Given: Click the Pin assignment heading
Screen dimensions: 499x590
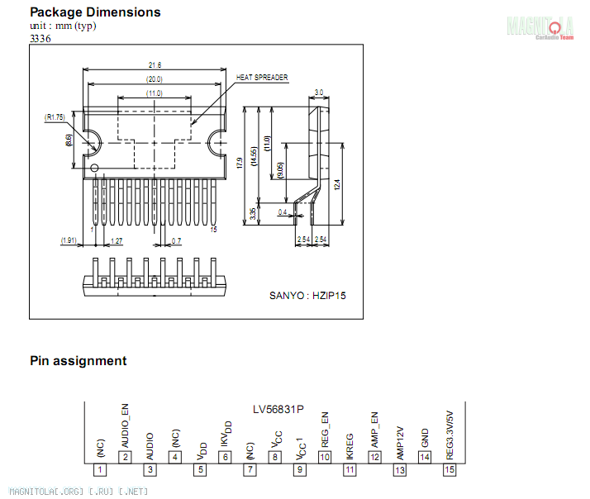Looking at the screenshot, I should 79,361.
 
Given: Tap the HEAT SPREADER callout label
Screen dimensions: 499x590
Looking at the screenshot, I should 262,77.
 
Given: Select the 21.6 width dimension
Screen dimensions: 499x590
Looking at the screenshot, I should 155,64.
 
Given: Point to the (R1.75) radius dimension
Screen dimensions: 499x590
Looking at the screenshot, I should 55,117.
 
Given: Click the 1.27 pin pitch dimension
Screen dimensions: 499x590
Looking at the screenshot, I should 117,240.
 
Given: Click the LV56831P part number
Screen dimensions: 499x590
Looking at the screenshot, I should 278,410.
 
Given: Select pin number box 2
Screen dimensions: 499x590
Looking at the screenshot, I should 125,457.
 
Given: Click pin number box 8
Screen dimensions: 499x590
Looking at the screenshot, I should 274,457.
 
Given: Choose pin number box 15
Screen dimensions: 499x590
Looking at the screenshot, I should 449,469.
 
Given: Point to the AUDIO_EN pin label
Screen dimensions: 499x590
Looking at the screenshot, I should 126,426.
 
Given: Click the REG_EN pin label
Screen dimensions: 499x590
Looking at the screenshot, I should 325,430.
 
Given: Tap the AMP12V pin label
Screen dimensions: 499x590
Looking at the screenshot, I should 400,443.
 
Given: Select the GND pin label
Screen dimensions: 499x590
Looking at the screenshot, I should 425,437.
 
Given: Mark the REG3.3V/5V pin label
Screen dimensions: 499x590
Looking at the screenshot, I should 450,435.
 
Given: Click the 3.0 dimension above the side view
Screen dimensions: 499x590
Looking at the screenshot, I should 319,92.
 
